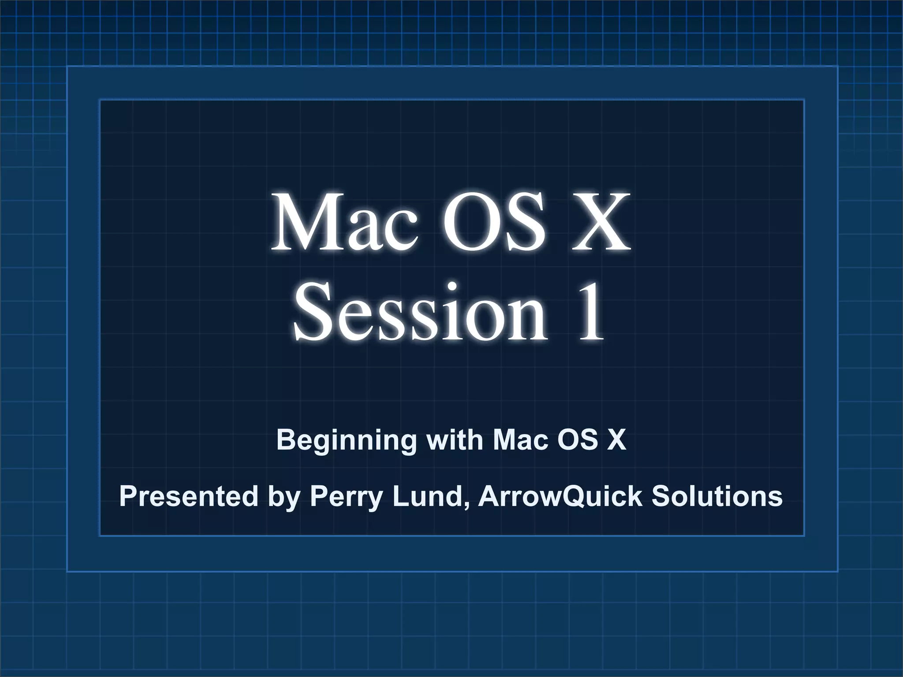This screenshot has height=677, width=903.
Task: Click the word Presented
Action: (x=189, y=496)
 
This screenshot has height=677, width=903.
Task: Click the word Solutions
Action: (x=717, y=496)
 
